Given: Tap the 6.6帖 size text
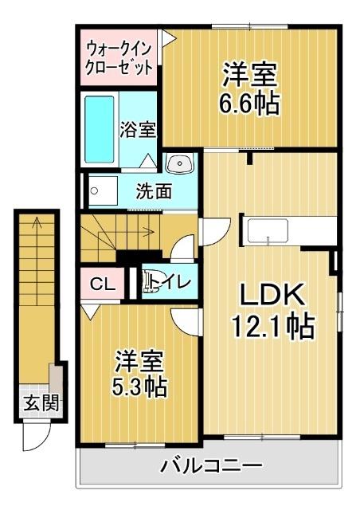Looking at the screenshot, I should pyautogui.click(x=249, y=104).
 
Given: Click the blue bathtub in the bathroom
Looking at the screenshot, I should pyautogui.click(x=100, y=131).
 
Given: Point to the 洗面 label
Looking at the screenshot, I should pyautogui.click(x=154, y=191).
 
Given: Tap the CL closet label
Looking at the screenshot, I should pyautogui.click(x=101, y=284).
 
